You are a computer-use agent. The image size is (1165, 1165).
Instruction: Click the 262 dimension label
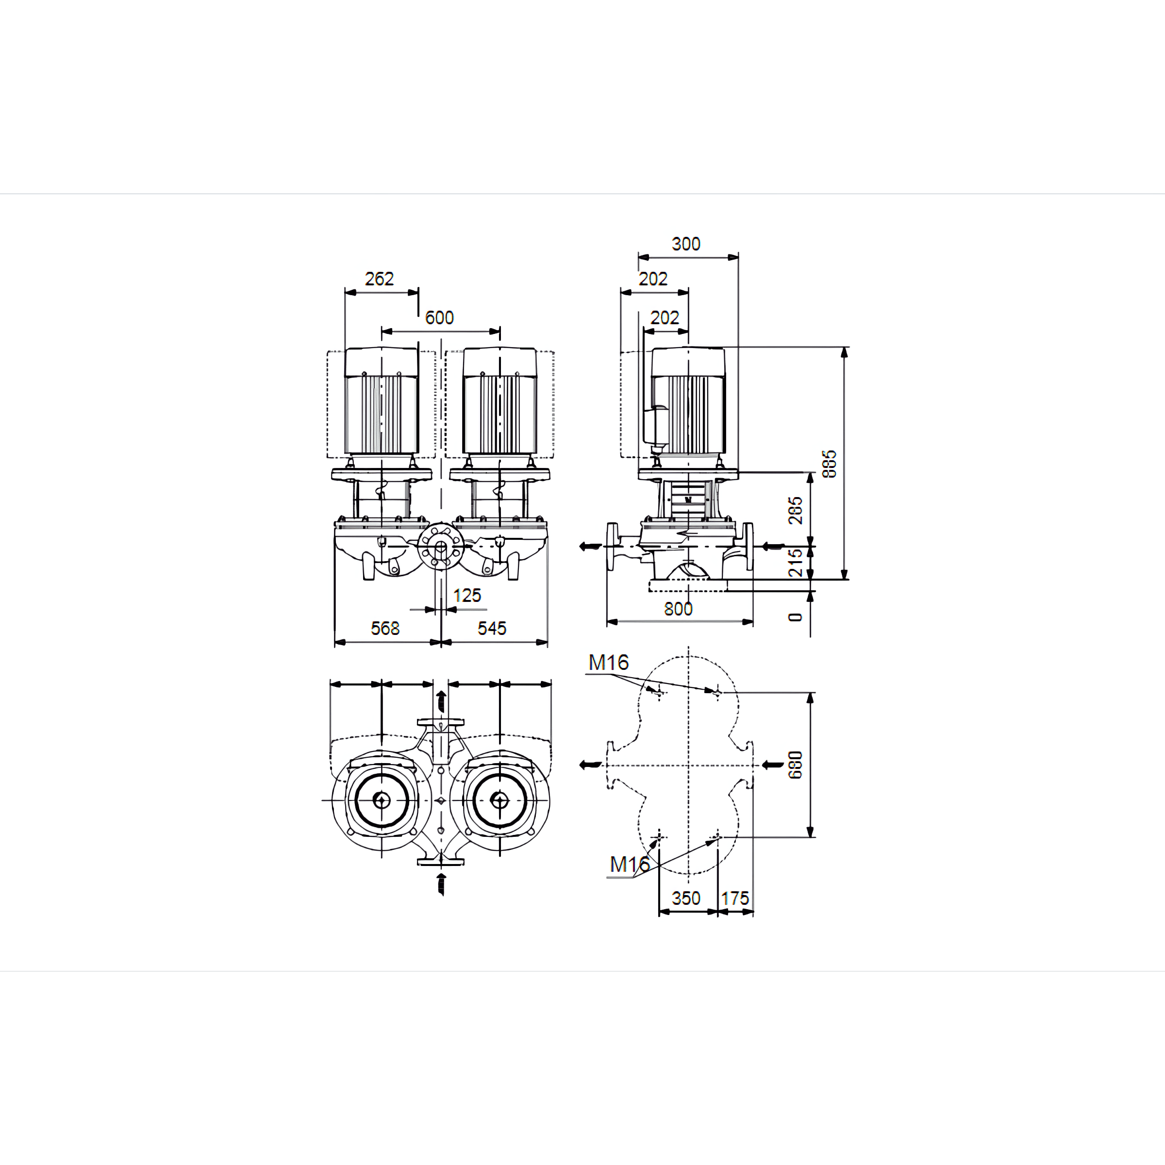379,279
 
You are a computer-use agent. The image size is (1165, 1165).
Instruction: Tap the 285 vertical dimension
796,510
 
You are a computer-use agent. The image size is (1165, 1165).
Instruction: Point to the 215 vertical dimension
796,563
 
